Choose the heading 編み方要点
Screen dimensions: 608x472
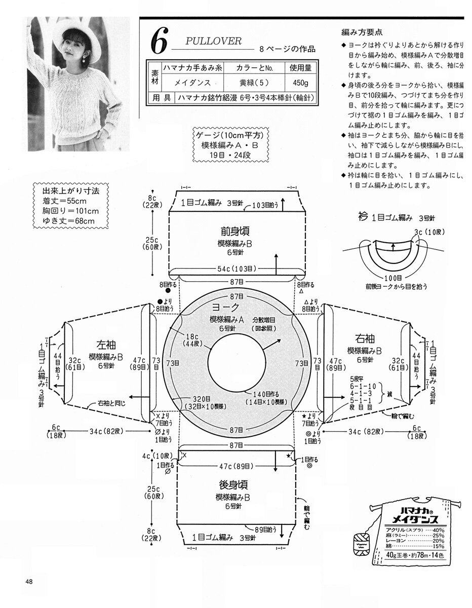tap(361, 32)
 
